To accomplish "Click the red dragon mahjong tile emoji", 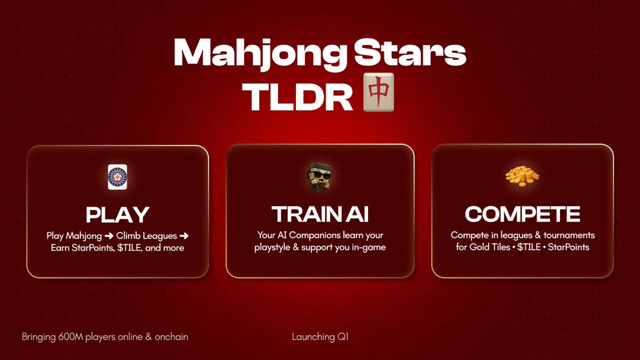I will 378,92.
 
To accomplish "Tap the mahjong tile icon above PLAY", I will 117,177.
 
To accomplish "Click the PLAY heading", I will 117,214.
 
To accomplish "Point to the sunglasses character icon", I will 320,178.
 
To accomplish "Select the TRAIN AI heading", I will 320,214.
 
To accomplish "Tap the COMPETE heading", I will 522,214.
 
